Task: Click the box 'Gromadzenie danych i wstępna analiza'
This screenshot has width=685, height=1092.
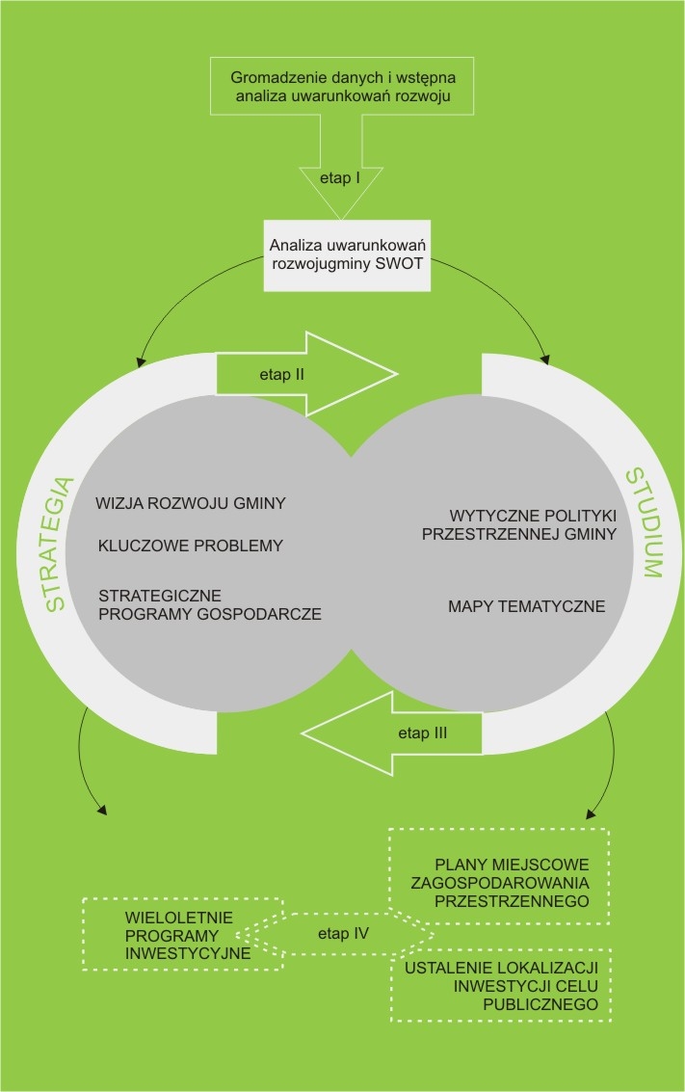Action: pyautogui.click(x=342, y=88)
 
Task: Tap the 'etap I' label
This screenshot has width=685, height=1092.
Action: pyautogui.click(x=342, y=179)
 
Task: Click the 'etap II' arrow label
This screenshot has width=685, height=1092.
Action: pyautogui.click(x=282, y=375)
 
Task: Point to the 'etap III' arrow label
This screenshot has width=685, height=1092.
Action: pyautogui.click(x=422, y=732)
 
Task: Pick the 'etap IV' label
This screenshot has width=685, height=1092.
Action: pyautogui.click(x=344, y=934)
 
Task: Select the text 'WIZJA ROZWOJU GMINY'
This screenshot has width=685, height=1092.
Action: pyautogui.click(x=192, y=503)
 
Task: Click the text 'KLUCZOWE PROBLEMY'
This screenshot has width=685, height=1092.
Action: pyautogui.click(x=191, y=546)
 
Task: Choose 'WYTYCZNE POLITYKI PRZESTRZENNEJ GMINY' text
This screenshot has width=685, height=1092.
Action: pyautogui.click(x=519, y=525)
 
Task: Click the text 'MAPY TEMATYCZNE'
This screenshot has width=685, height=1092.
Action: pyautogui.click(x=526, y=606)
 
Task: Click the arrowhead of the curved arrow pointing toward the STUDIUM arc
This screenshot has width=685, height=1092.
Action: pyautogui.click(x=544, y=360)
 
